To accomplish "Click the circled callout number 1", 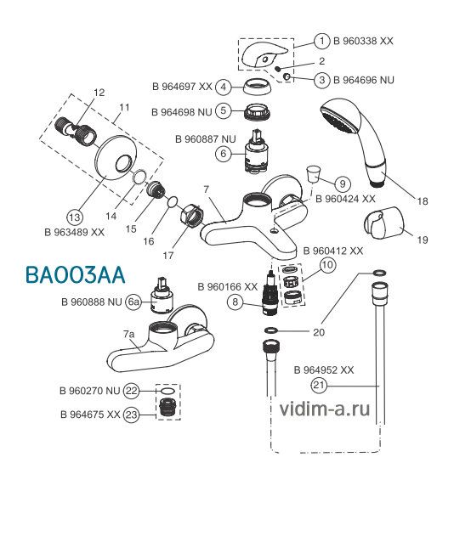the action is [321, 42].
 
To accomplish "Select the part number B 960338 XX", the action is [363, 41].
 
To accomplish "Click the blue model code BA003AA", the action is [76, 275].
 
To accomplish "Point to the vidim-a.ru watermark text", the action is [324, 409].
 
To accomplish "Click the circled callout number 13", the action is [75, 217].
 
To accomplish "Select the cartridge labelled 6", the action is [256, 150].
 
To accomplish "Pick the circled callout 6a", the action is [133, 302].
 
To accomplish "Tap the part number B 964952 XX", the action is [324, 370].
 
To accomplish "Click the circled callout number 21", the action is [319, 386].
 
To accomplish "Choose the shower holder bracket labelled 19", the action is [383, 223].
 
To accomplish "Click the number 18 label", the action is [423, 201].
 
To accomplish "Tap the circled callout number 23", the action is [132, 415].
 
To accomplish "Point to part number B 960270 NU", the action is [90, 391].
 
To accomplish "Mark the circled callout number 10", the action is [328, 265].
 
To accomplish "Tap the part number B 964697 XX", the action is [182, 87].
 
